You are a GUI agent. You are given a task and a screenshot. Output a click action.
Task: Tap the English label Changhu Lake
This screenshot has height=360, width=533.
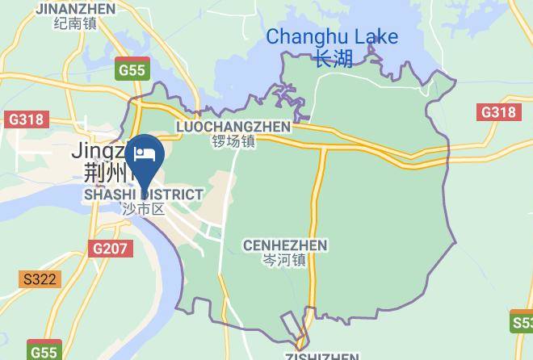332,36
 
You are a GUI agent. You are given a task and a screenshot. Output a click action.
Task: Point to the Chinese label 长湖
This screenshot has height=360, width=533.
333,59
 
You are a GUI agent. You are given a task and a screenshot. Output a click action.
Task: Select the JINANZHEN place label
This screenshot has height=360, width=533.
76,8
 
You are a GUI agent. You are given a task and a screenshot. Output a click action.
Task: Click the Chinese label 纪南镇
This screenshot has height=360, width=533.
75,23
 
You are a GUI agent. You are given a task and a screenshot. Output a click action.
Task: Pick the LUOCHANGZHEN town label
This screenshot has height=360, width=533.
233,127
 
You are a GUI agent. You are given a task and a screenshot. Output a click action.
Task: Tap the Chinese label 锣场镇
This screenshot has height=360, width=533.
233,141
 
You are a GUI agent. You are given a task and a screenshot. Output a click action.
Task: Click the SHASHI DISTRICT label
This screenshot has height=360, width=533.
144,195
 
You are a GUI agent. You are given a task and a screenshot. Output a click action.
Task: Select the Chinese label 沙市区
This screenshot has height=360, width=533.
143,209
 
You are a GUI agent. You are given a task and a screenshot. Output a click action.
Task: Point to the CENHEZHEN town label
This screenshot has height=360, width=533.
284,245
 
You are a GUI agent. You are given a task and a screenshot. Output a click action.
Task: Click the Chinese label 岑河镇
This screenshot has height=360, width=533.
284,260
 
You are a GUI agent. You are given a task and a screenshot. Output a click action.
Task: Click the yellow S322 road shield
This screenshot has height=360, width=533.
40,279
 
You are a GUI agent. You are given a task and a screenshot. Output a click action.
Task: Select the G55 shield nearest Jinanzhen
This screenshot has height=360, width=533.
131,69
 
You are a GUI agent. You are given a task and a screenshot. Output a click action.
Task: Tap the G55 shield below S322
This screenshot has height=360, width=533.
44,352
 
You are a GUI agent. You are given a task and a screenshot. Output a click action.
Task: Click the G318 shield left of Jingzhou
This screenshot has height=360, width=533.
25,119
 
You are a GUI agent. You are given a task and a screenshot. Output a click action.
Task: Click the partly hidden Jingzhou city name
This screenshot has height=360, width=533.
101,150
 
